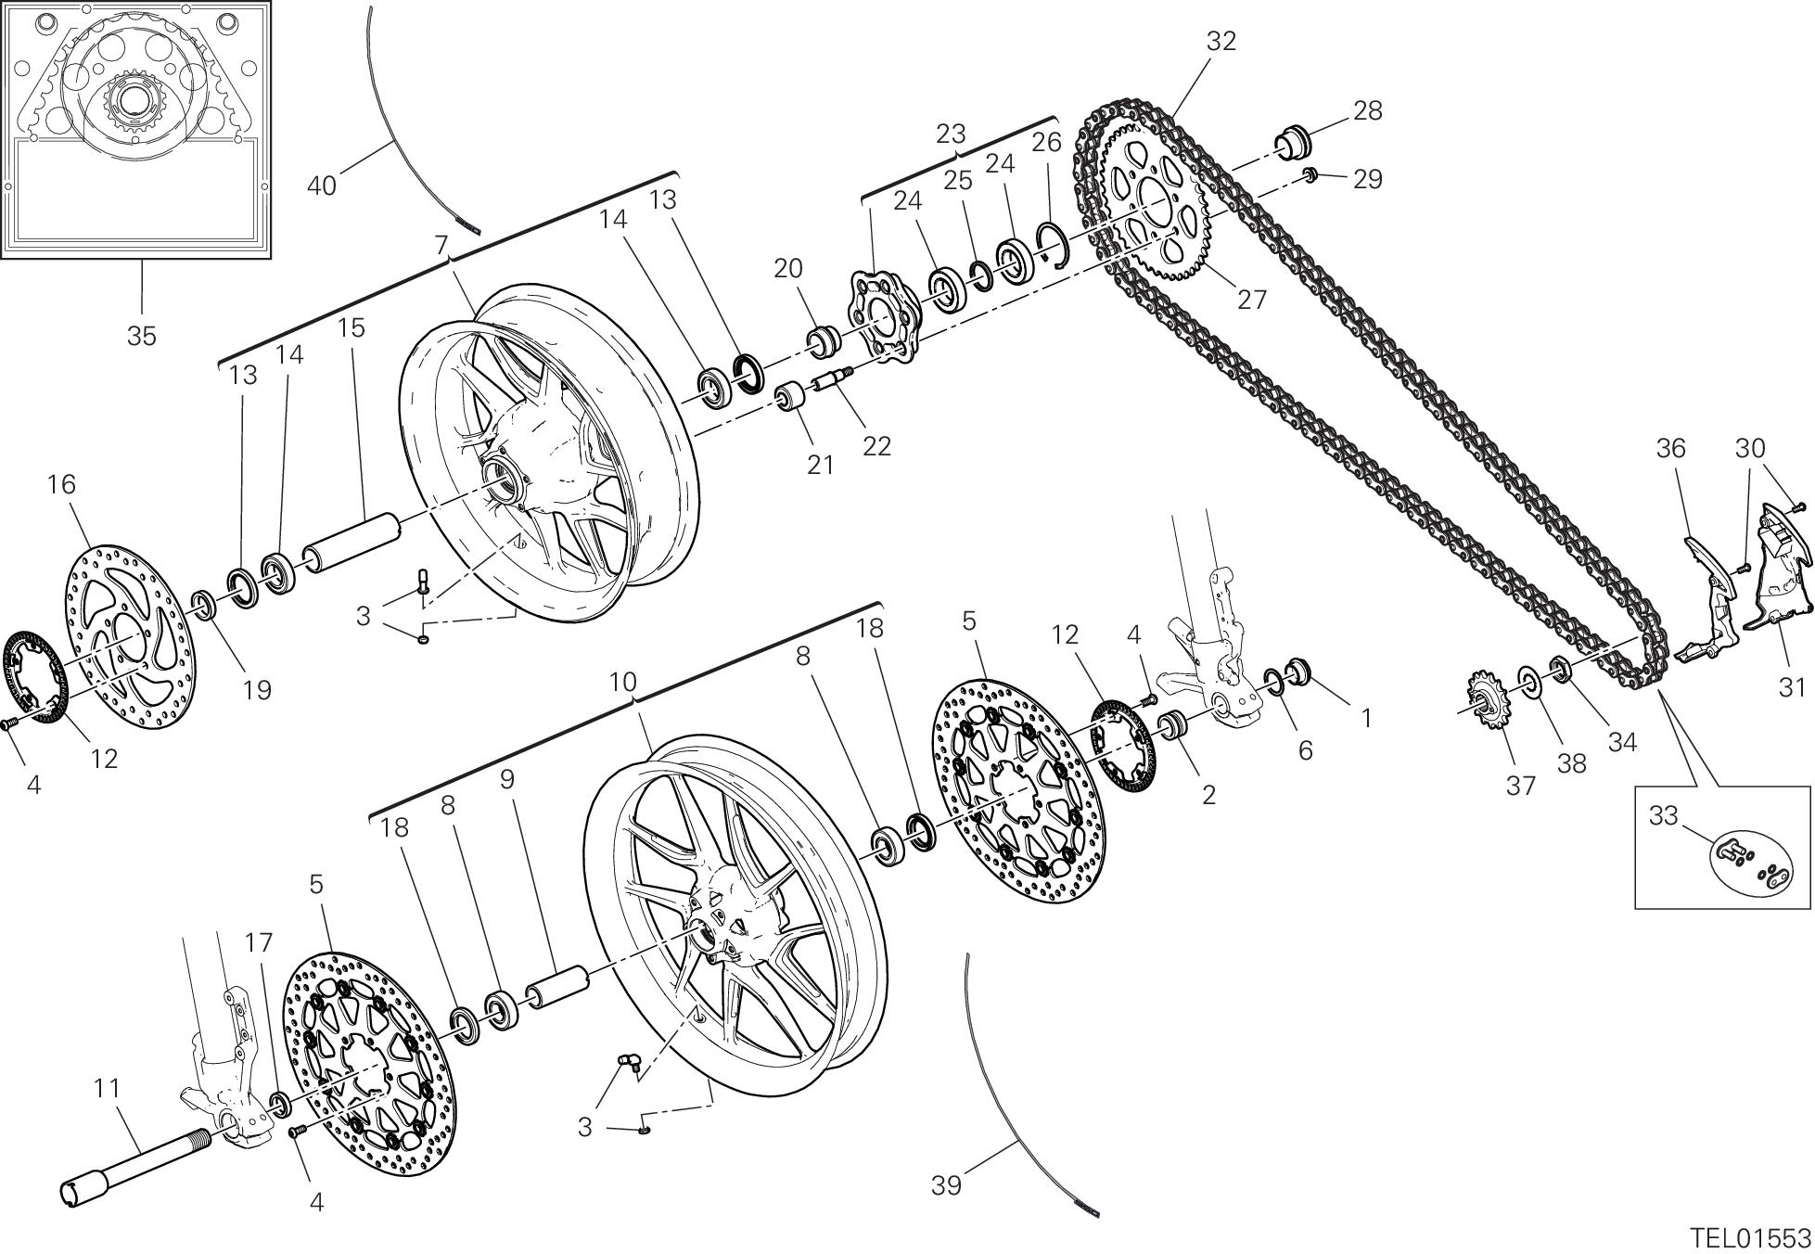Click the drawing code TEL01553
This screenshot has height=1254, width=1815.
point(1749,1237)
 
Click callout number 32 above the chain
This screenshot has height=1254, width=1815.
point(1221,42)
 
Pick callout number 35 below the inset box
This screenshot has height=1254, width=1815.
point(141,336)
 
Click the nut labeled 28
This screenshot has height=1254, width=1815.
point(1296,142)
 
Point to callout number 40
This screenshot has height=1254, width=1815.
point(321,186)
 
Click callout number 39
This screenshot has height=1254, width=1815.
point(946,1184)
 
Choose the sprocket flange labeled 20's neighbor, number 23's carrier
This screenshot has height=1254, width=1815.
point(882,316)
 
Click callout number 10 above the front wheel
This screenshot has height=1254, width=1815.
point(622,683)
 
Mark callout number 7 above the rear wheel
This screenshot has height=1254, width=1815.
point(441,244)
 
